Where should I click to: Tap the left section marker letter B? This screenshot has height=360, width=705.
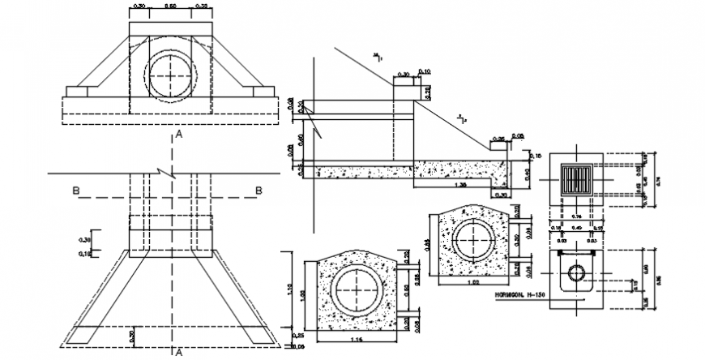[75, 191]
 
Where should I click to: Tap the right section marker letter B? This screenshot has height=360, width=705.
[259, 191]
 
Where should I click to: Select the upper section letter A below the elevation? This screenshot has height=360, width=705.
[178, 135]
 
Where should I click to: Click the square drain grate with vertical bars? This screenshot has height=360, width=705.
[578, 177]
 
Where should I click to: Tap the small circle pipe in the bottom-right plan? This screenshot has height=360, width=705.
[577, 272]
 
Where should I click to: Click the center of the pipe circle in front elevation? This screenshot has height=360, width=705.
[171, 75]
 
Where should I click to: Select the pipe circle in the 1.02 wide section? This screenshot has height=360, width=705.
[472, 239]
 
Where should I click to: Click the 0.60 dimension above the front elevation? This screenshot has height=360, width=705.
[171, 6]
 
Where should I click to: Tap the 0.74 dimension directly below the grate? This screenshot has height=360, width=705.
[578, 218]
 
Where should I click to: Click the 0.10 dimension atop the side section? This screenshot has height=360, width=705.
[426, 71]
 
